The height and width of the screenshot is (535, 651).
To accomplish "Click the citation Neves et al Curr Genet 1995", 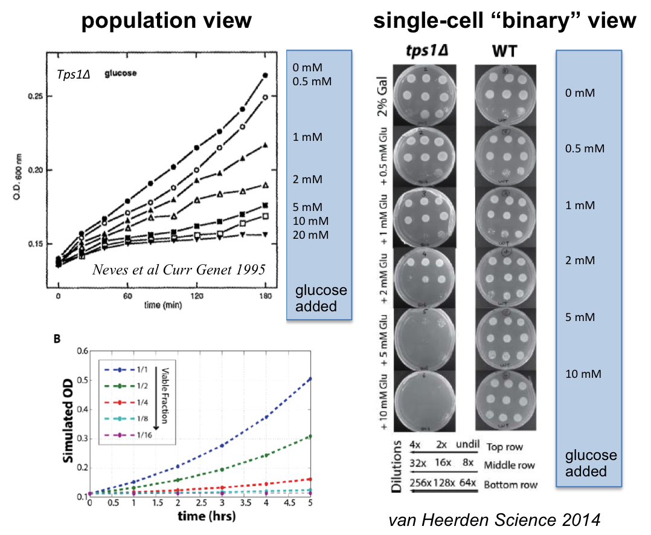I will [179, 270].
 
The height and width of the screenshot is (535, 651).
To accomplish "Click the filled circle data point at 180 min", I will [265, 75].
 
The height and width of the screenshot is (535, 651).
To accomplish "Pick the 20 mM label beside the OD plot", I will [310, 235].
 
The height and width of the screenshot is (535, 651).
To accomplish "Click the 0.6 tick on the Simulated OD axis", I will [82, 351].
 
